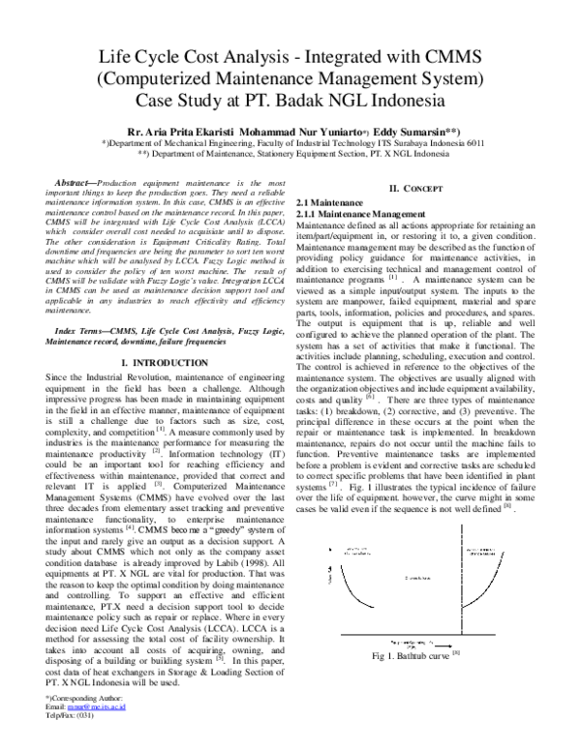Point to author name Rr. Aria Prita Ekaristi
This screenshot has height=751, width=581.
point(183,129)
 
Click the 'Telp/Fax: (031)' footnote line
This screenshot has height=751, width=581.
point(77,741)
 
